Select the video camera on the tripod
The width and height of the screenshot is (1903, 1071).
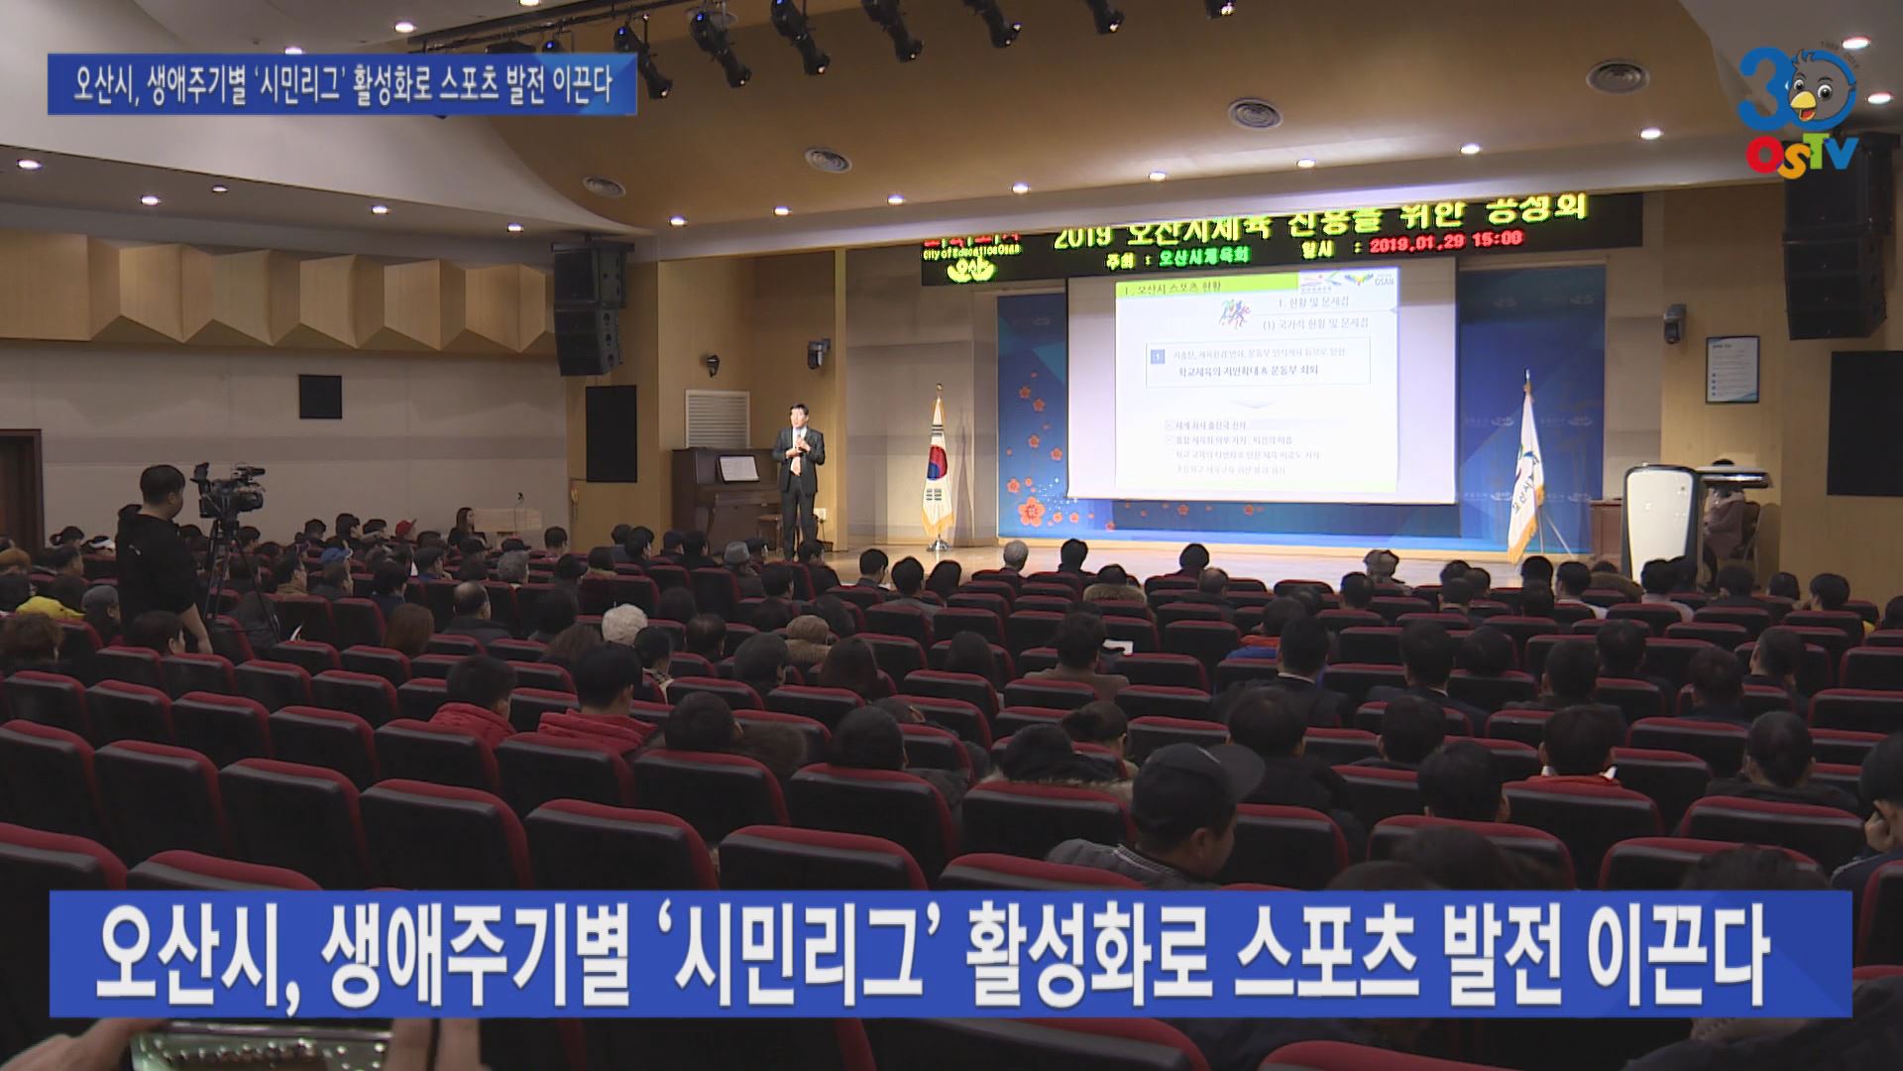click(x=230, y=488)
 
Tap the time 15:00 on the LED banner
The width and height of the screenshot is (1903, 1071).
click(x=1498, y=239)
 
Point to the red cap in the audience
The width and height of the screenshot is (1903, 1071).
click(x=334, y=555)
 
